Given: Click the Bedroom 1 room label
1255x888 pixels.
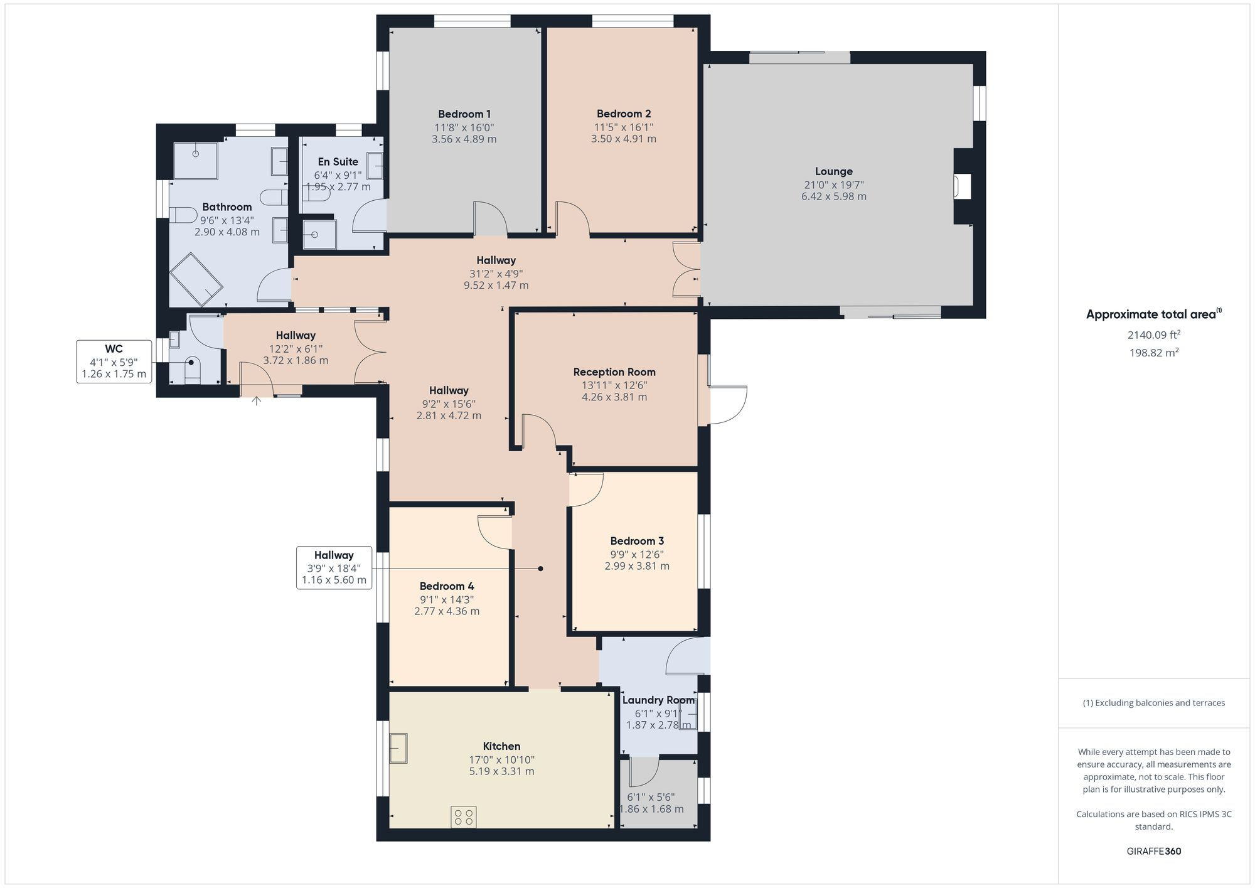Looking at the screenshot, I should (464, 114).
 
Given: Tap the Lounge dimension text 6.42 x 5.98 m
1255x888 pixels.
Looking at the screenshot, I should (833, 196).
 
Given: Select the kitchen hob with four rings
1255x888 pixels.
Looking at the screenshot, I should (463, 817).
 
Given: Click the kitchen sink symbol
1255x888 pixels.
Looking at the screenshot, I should (398, 748).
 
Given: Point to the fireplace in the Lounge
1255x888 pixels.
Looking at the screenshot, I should (961, 186).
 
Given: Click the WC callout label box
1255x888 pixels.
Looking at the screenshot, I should (114, 361).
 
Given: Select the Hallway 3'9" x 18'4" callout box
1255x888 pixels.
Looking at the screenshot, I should (334, 567).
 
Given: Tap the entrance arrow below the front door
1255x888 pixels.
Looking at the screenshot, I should (257, 400).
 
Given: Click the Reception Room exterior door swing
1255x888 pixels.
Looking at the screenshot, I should (727, 405).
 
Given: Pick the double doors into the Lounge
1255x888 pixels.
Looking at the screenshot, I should (686, 269).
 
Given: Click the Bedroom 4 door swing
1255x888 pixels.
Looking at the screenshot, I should (495, 532).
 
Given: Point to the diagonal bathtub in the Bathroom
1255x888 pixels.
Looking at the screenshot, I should (196, 279).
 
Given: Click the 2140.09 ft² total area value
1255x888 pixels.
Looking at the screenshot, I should (1153, 335).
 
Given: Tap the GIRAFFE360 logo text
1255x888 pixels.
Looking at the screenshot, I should (1153, 851).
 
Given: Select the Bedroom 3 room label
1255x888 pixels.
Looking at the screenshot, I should (636, 541).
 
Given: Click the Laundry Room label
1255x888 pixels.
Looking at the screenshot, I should (658, 700).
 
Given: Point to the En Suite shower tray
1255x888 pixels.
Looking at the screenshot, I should (319, 233).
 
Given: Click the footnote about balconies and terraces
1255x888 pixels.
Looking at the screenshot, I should (1153, 703).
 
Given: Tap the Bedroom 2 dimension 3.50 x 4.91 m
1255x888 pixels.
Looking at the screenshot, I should (623, 139).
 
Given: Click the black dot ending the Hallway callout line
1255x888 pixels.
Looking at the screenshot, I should (540, 569).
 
